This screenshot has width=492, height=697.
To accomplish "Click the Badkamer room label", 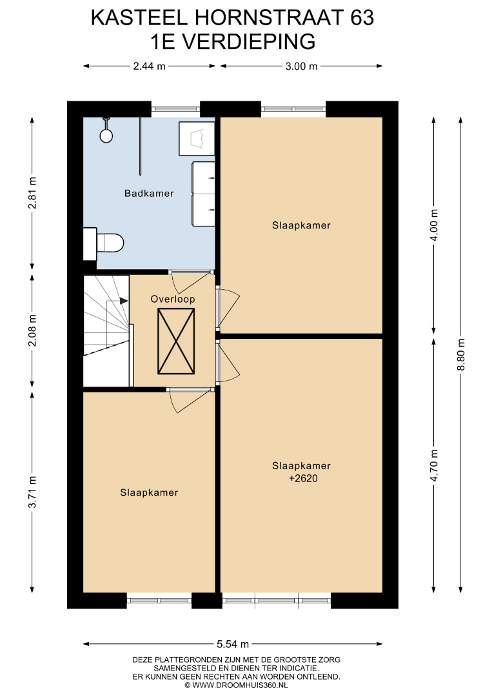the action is point(149,194).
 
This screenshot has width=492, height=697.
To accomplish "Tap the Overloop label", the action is point(173,299).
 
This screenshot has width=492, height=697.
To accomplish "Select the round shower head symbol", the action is point(106,136).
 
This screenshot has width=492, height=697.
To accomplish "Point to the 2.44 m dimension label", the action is point(149,66).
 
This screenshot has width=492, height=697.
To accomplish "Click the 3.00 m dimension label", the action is point(302,66).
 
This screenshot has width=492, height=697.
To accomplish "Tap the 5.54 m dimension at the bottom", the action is point(233,644).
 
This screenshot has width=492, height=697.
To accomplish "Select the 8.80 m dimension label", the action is point(461,354).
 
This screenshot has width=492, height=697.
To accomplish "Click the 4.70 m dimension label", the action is point(434,465).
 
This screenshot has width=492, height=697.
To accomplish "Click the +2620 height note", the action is point(303,479).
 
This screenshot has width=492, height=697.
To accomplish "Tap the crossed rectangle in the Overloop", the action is point(176,341).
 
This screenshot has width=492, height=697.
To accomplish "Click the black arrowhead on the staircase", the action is point(124,301).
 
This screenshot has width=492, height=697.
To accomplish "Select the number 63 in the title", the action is point(362,18).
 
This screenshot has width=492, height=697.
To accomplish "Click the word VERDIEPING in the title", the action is point(249,42).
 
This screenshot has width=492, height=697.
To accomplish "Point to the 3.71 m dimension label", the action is point(32,492).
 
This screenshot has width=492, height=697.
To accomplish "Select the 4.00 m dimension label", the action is point(434,225).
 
